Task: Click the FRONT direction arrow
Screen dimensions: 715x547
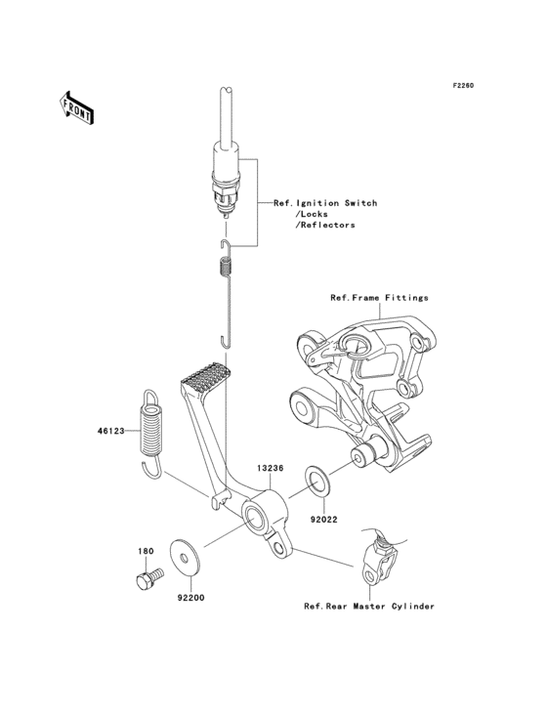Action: pos(77,106)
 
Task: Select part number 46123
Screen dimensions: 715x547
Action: pos(109,430)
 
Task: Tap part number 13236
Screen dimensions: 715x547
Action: pos(271,468)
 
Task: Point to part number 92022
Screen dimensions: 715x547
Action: pos(324,520)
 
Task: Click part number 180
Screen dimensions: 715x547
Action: pos(145,551)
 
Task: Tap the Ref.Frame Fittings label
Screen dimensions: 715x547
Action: pos(379,297)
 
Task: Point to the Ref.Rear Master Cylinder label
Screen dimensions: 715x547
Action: pos(368,606)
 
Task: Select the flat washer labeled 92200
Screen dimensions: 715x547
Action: pos(182,553)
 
